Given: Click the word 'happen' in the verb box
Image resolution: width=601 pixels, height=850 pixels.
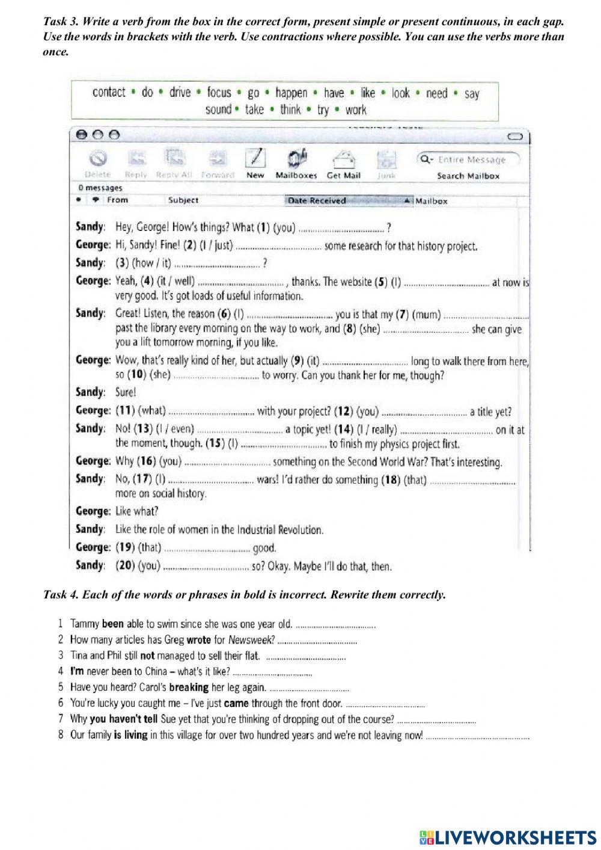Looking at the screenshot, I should click(x=291, y=93).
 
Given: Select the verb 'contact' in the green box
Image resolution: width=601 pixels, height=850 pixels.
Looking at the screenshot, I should click(x=109, y=92).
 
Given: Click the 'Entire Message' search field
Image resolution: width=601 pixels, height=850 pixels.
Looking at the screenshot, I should click(x=471, y=159).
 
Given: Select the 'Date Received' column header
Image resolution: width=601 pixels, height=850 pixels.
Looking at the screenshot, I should click(x=317, y=201).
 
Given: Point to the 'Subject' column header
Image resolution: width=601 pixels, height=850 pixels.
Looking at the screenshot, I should click(x=183, y=200).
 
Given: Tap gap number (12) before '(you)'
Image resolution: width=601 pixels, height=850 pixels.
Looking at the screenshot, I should click(x=344, y=411).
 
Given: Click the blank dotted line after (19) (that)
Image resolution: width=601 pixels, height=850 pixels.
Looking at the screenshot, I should click(x=207, y=549).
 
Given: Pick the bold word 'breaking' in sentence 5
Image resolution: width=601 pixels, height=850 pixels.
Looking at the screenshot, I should click(x=189, y=687).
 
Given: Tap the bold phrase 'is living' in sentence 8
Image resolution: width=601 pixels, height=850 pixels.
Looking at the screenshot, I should click(x=130, y=735).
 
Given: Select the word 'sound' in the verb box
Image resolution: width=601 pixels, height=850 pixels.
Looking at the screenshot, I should click(x=218, y=109).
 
